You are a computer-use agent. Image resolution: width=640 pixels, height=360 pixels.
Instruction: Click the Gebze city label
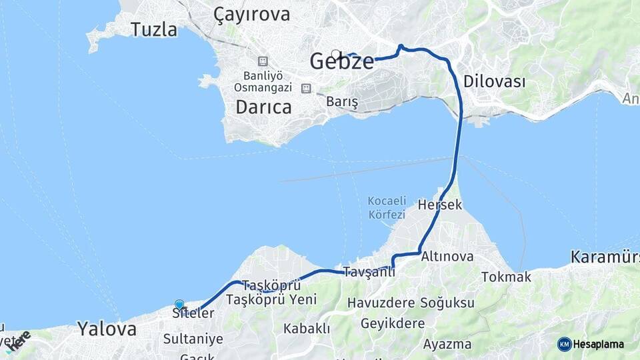tap(342, 62)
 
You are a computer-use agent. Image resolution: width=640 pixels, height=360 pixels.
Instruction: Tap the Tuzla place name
tap(154, 30)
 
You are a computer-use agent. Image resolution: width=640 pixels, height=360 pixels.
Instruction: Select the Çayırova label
tap(252, 15)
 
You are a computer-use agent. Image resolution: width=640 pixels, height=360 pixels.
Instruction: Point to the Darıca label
tap(264, 107)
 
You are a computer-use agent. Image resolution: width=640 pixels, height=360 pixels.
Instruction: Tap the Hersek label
tap(440, 205)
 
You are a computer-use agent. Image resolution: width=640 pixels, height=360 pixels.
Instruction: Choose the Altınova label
tap(447, 257)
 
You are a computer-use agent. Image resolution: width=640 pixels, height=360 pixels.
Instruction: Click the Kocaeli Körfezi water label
tap(387, 207)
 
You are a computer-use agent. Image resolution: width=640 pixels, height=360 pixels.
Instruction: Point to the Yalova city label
tap(107, 328)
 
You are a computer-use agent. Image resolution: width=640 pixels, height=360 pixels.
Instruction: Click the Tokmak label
tap(506, 277)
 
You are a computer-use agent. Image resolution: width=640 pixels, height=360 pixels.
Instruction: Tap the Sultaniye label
tap(193, 339)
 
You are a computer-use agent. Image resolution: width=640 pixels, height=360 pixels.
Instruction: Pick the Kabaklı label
tap(307, 328)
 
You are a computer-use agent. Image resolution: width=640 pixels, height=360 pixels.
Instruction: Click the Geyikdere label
tap(393, 323)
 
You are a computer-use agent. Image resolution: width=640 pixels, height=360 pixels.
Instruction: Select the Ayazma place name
tap(447, 345)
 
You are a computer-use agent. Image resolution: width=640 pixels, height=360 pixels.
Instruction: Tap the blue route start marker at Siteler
tap(179, 305)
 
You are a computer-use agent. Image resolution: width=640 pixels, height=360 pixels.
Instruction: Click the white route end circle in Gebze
tap(336, 55)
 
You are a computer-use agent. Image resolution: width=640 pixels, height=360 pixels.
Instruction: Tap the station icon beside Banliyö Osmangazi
tap(263, 61)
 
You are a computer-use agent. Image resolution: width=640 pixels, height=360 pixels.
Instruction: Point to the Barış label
tap(343, 102)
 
